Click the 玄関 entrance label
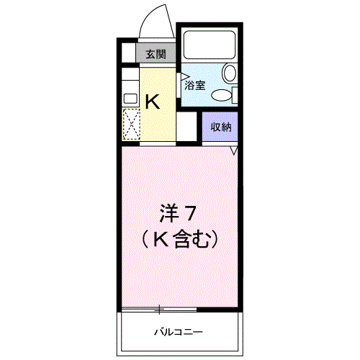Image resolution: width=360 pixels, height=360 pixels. [x=156, y=54]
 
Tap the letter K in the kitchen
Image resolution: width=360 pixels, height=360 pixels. [x=153, y=102]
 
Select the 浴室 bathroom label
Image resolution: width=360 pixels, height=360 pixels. [x=194, y=85]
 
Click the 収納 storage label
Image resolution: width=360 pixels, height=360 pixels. [x=220, y=127]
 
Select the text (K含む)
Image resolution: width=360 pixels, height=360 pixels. [x=179, y=238]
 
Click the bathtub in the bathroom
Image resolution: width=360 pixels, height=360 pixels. [x=210, y=45]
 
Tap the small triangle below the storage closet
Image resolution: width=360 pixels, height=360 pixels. [x=233, y=150]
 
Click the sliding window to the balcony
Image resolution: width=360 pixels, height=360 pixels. [x=159, y=310]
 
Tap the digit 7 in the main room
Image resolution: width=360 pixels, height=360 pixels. [x=191, y=214]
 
